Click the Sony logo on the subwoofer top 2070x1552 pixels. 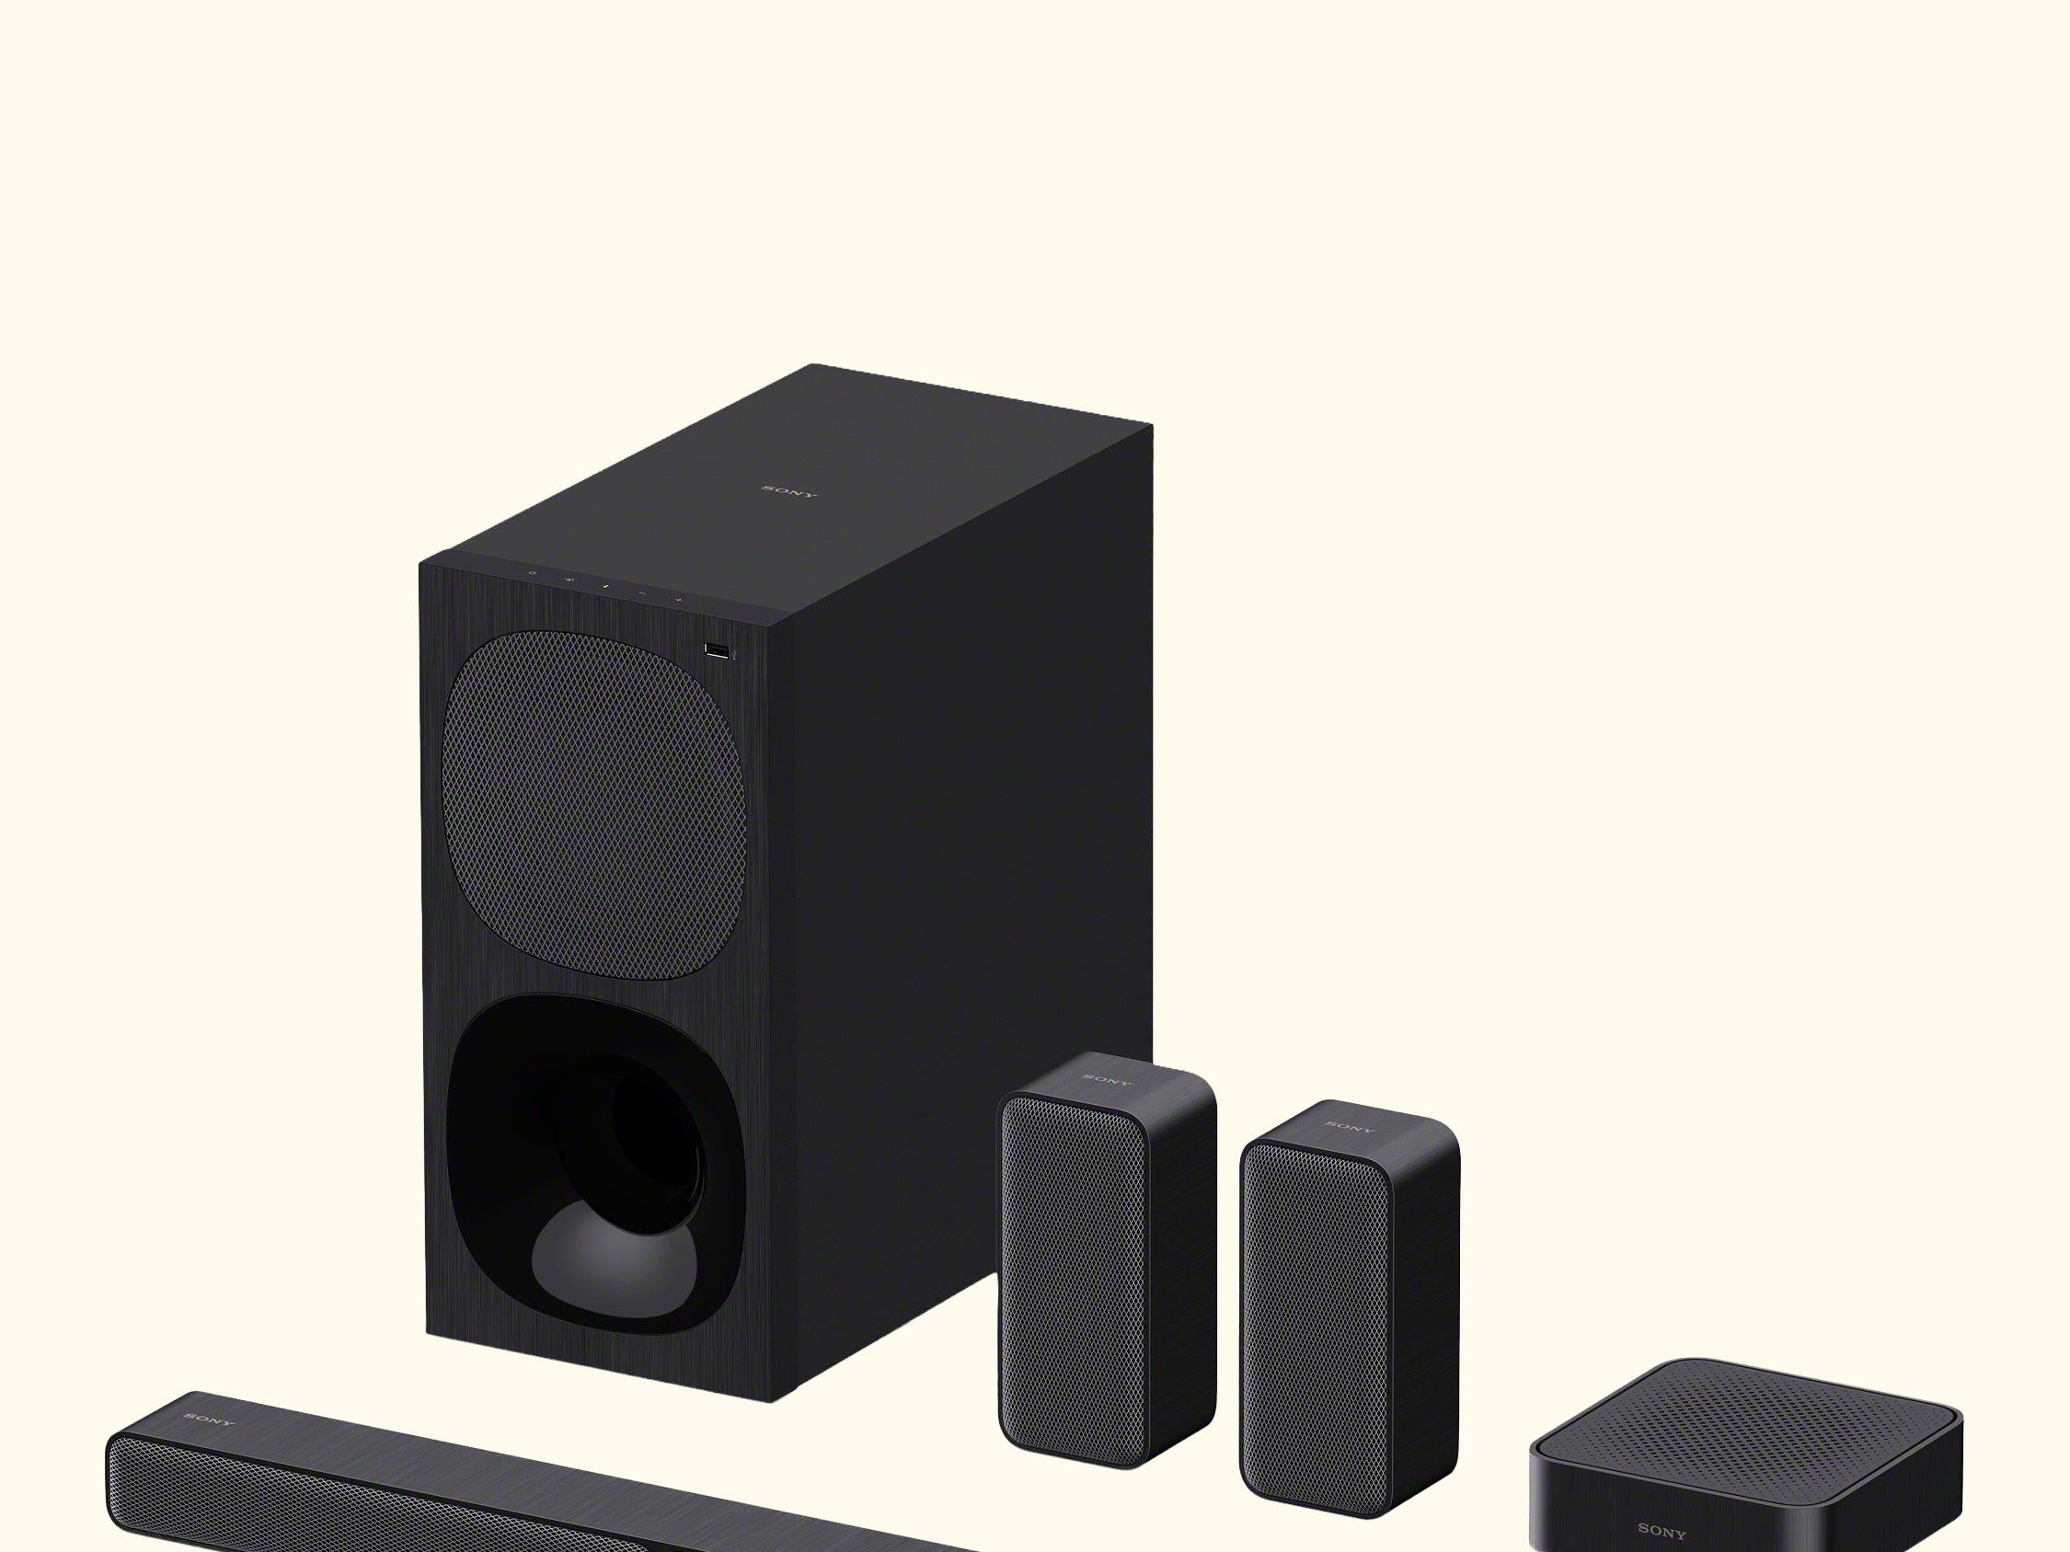click(788, 491)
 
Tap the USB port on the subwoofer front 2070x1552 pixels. click(717, 650)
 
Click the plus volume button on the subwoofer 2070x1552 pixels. click(678, 599)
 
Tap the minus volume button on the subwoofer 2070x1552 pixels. click(642, 593)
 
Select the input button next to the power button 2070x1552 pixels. click(568, 580)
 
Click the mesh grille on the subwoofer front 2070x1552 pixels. click(593, 806)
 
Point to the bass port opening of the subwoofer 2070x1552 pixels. click(596, 1164)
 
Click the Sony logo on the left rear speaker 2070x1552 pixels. click(1106, 1079)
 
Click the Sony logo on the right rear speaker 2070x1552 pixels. click(1351, 1126)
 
